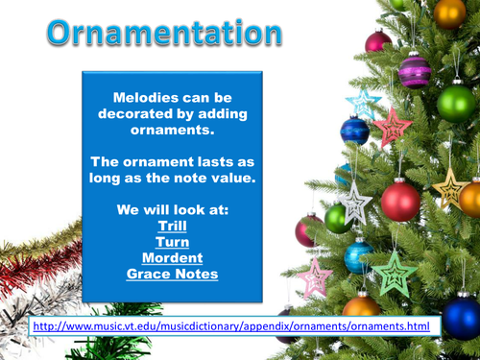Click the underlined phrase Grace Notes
point(172,274)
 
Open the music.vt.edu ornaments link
point(230,326)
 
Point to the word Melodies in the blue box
point(142,97)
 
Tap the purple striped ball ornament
point(415,70)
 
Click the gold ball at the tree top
point(449,12)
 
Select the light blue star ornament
point(364,101)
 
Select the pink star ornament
point(315,277)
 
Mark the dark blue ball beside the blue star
point(355,131)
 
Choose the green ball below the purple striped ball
point(457,102)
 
